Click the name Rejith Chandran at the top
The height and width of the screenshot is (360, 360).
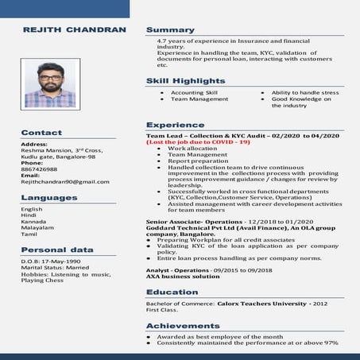pos(74,29)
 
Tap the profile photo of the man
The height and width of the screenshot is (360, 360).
pos(50,83)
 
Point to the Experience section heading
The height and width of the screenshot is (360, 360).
pos(169,125)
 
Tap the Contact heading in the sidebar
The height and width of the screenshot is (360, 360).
pos(41,133)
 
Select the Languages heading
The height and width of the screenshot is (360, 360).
pos(49,197)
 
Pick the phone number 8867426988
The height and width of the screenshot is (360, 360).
pos(39,169)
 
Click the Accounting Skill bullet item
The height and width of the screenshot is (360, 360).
pos(194,92)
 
